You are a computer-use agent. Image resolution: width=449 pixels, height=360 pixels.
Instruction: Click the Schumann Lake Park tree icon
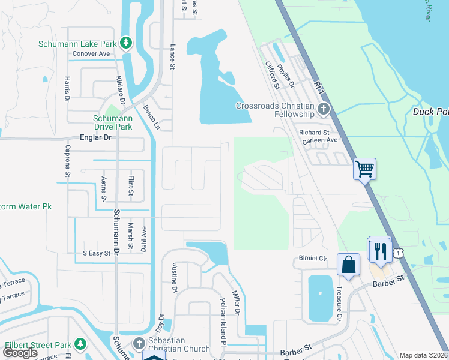pos(126,43)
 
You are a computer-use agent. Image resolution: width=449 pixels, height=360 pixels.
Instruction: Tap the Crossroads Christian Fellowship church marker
pos(324,109)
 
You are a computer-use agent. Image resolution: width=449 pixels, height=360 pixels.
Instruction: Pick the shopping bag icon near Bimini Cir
pos(348,264)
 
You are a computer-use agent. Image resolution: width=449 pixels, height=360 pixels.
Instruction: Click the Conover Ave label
pos(91,53)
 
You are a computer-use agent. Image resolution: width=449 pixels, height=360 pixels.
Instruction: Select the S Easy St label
pos(97,253)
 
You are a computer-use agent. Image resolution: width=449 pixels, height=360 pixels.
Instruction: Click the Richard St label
pos(314,132)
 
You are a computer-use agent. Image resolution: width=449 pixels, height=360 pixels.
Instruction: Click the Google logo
pos(20,353)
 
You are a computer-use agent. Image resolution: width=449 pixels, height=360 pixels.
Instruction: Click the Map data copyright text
pos(423,355)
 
